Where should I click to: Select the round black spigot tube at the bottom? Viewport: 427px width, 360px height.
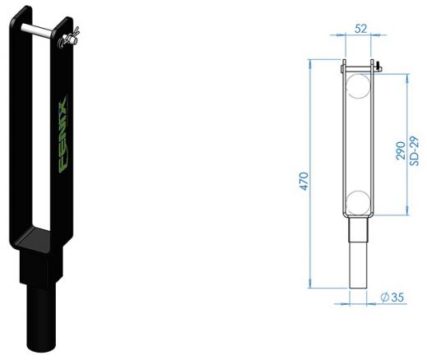click(41, 316)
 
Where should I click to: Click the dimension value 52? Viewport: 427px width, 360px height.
click(359, 28)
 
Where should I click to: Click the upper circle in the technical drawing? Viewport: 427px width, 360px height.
click(358, 85)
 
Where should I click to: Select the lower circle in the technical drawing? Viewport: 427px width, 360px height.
click(358, 202)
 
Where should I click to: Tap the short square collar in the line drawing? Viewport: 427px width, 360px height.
click(358, 228)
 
